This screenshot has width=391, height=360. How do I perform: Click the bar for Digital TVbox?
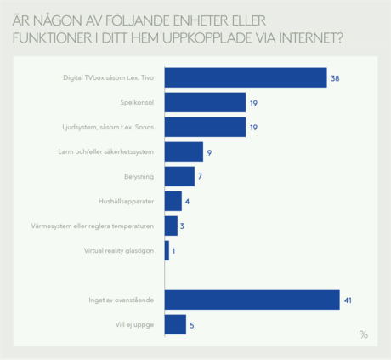(x=246, y=77)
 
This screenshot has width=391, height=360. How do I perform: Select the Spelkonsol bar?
(x=205, y=102)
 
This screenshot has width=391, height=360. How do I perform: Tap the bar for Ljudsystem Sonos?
(x=205, y=127)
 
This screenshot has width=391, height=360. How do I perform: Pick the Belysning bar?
(x=179, y=176)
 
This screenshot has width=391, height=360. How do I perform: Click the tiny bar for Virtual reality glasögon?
(x=167, y=250)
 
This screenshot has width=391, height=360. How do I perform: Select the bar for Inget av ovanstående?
(x=252, y=300)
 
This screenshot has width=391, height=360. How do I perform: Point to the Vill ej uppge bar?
(x=175, y=324)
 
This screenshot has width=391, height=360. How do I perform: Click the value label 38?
(x=335, y=78)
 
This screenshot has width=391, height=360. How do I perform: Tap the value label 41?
(x=348, y=300)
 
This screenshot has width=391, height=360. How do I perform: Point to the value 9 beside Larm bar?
(x=209, y=152)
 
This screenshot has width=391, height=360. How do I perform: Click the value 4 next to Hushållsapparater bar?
(x=187, y=202)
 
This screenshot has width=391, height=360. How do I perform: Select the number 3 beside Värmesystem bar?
(x=182, y=226)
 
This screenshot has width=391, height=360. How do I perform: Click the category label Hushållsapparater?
(x=126, y=202)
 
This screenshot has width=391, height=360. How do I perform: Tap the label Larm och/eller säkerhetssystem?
(x=106, y=151)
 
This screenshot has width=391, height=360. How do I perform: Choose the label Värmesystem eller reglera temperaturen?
(x=93, y=226)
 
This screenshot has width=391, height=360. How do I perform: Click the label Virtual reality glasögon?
(x=119, y=251)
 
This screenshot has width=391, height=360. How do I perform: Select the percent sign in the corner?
(x=364, y=334)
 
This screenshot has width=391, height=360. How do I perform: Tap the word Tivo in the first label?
(x=147, y=77)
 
